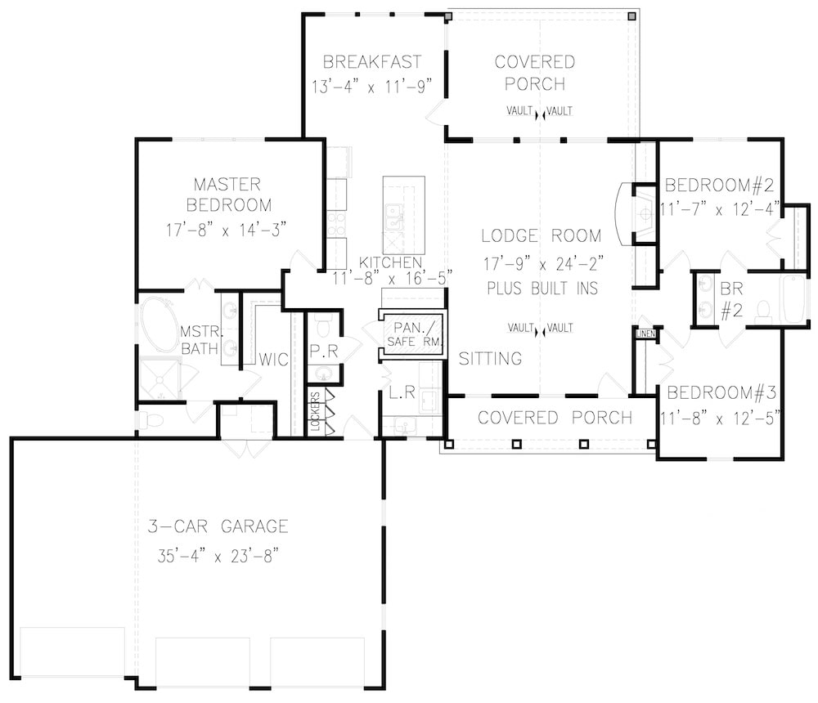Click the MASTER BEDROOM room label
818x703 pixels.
(228, 194)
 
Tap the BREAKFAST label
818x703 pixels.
(372, 62)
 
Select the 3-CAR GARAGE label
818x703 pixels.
(218, 526)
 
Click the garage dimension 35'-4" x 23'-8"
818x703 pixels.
(218, 556)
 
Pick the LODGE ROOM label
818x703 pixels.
(541, 236)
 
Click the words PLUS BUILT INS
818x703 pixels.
(541, 289)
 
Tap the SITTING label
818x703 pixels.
(491, 358)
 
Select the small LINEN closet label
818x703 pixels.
(644, 334)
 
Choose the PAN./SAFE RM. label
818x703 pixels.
(412, 334)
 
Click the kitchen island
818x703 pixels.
(403, 215)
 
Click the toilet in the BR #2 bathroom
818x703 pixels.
(762, 311)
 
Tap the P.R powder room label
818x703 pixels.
(324, 350)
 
